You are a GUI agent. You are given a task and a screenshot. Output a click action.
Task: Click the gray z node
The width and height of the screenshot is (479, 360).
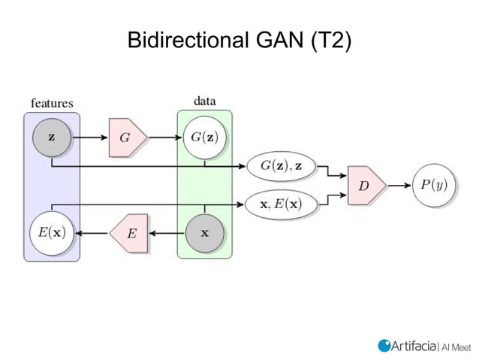[x=51, y=138]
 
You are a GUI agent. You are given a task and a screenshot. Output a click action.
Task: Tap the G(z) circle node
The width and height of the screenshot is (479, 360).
[x=205, y=138]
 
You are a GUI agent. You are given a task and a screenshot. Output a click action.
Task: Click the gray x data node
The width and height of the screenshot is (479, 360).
[x=205, y=232]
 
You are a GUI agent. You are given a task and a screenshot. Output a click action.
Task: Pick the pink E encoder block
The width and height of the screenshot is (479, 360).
[x=129, y=232]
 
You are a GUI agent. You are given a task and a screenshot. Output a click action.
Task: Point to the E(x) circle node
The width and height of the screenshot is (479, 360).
[x=51, y=232]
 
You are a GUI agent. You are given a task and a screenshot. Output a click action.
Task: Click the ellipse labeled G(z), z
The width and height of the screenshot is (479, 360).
[x=282, y=165]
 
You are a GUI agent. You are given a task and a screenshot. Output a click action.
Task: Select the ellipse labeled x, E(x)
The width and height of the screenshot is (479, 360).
[x=282, y=204]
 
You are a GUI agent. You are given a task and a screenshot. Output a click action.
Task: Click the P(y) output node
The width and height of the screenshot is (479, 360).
[x=433, y=185]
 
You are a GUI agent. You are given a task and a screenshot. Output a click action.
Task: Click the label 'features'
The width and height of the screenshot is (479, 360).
[x=51, y=103]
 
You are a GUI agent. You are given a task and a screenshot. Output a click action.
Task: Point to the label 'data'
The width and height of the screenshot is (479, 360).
[x=205, y=101]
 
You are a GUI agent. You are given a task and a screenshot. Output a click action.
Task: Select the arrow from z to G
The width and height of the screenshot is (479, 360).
[x=89, y=138]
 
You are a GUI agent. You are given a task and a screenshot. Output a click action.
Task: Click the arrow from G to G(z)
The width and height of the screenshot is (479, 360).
[x=166, y=138]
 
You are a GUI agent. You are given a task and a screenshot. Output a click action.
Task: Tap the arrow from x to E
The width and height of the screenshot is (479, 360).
[x=167, y=232]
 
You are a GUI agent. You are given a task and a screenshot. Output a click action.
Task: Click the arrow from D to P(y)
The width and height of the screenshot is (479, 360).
[x=399, y=185]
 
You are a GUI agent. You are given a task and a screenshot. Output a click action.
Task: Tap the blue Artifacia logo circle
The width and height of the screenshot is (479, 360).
[x=385, y=345]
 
